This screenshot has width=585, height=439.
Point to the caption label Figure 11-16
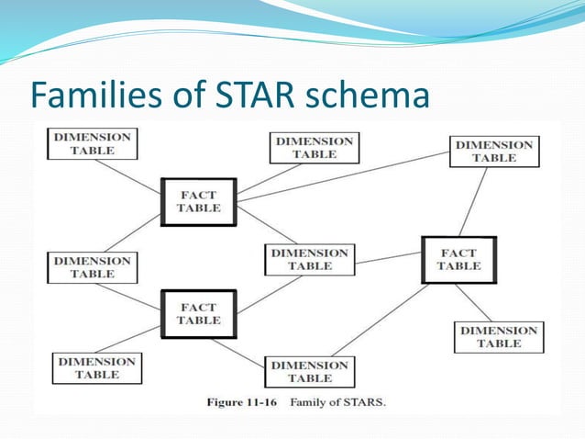click(x=248, y=401)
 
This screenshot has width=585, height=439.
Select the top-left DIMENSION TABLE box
click(x=92, y=143)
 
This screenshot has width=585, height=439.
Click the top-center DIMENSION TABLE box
click(x=315, y=148)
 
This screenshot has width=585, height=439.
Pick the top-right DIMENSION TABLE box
click(x=494, y=152)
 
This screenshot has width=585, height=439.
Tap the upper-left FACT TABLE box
click(x=199, y=201)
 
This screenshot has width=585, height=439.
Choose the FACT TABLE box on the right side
click(x=458, y=259)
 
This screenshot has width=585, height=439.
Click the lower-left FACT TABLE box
click(x=198, y=314)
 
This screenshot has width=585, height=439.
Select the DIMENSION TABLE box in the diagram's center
click(x=310, y=259)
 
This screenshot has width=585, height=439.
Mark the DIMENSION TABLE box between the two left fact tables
click(x=92, y=267)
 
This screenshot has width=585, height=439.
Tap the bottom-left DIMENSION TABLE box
click(x=97, y=368)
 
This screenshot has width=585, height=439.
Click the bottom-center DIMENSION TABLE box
click(x=309, y=372)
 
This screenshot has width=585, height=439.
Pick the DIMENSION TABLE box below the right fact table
click(x=499, y=337)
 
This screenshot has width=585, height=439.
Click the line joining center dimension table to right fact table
click(x=388, y=259)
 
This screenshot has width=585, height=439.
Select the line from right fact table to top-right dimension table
click(x=476, y=201)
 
